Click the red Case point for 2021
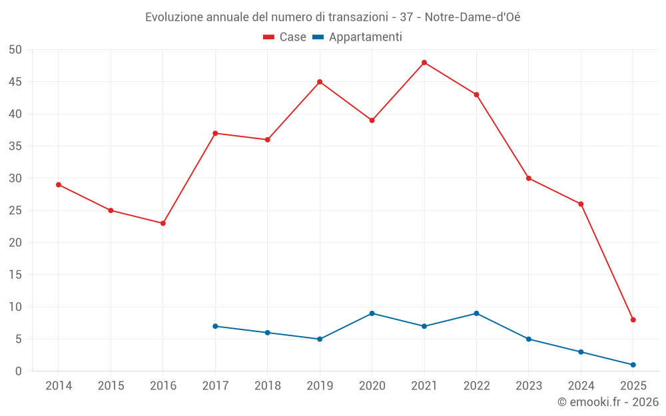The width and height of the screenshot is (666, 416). [x=424, y=63]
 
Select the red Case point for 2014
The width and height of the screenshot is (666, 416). [x=59, y=184]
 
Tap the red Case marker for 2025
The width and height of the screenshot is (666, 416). [x=633, y=319]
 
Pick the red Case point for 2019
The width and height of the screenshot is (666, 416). [x=320, y=82]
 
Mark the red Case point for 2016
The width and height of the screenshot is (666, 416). [x=163, y=223]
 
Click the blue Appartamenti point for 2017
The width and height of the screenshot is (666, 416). [x=215, y=326]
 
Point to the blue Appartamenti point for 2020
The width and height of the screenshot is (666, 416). [x=372, y=313]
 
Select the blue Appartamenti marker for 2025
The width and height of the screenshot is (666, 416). [x=633, y=365]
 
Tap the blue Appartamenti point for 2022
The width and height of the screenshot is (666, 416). [x=476, y=313]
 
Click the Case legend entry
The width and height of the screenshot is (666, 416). [x=285, y=37]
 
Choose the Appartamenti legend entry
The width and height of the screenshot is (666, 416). [x=358, y=37]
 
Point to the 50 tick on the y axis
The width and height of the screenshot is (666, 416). [x=15, y=50]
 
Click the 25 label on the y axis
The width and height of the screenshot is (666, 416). [x=15, y=211]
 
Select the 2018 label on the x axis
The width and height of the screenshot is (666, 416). [x=267, y=386]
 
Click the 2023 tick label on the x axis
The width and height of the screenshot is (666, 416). [x=529, y=386]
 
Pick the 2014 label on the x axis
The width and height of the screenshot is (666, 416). [x=59, y=386]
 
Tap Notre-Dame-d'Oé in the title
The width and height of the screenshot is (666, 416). [x=472, y=17]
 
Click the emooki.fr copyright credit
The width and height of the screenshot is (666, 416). [x=608, y=402]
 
